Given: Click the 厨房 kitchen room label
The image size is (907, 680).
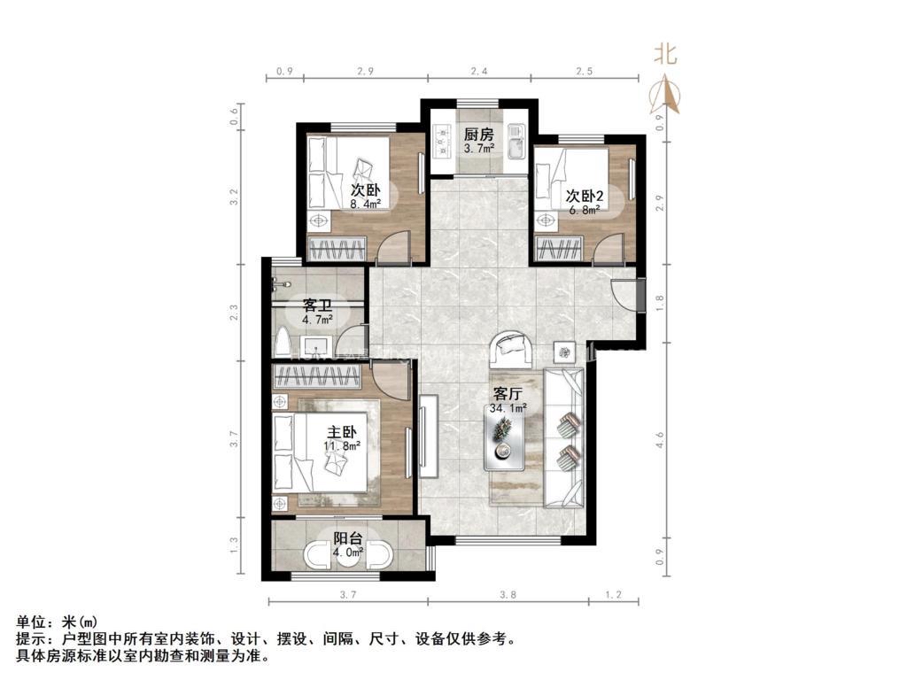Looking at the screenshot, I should (478, 135).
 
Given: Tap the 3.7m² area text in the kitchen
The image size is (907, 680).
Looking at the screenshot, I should (478, 149).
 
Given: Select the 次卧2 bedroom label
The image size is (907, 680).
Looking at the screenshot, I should (585, 196).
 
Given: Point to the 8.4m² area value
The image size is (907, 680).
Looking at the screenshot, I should (366, 204).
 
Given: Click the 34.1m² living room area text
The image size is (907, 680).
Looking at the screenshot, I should (508, 408).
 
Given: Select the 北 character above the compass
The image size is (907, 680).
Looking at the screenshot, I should (665, 54).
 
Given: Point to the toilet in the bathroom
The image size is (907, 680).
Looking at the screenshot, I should (283, 342).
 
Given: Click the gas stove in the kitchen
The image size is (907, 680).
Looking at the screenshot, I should (439, 138).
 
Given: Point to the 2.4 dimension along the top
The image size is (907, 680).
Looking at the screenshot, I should (478, 70).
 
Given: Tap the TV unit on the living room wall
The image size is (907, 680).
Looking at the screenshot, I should (429, 436).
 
